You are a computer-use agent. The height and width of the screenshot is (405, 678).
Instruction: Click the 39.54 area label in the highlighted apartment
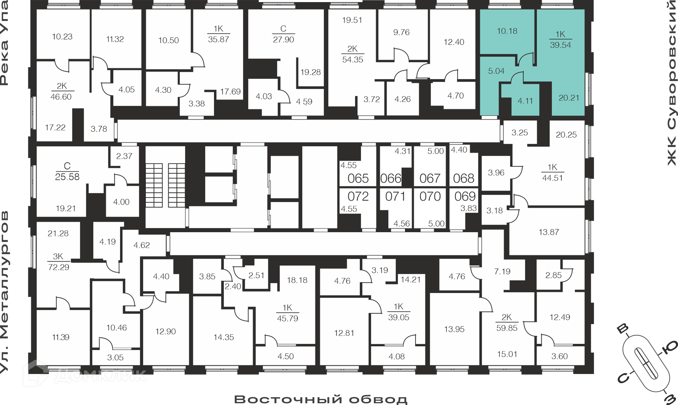click(x=560, y=45)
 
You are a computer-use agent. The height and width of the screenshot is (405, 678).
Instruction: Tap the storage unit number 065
click(x=358, y=178)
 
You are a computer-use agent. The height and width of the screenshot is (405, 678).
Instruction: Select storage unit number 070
click(x=430, y=196)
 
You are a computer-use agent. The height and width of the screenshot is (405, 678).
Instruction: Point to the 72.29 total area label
click(x=59, y=267)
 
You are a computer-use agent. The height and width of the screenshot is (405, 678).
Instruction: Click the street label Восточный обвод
click(x=321, y=399)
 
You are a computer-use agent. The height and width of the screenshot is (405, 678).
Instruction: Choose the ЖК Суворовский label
click(x=672, y=83)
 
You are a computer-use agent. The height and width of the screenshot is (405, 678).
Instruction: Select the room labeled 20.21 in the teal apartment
click(x=569, y=98)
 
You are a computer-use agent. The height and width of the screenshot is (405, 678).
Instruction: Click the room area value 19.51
click(x=352, y=20)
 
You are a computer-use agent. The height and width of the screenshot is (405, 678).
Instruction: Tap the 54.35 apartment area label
click(x=353, y=60)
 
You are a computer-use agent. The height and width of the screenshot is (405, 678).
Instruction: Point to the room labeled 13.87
click(x=549, y=232)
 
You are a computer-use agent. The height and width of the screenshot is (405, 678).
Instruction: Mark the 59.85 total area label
click(x=507, y=328)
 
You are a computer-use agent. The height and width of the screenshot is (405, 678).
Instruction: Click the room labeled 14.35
click(x=224, y=337)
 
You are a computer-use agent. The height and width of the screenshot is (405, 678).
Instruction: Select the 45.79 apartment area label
click(x=287, y=318)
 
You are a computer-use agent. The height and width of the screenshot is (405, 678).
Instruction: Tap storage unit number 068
click(x=464, y=178)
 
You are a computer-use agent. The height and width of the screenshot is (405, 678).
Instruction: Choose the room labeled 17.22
click(x=55, y=128)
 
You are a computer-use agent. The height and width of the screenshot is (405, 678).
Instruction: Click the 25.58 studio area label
click(x=67, y=177)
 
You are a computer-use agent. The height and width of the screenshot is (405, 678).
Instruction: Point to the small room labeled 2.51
click(x=256, y=275)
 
